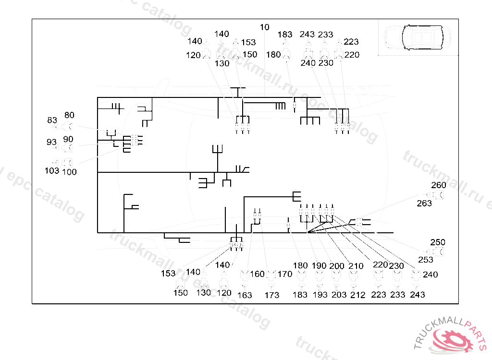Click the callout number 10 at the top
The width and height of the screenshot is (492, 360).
click(x=265, y=27)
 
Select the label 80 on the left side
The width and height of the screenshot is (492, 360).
click(x=69, y=115)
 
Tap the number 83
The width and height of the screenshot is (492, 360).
click(x=52, y=120)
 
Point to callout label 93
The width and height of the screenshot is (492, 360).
click(x=51, y=142)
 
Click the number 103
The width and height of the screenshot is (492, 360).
click(x=52, y=170)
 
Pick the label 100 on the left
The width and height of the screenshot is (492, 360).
click(x=69, y=172)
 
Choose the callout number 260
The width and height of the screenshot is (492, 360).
click(x=439, y=185)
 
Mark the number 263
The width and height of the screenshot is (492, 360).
click(x=424, y=204)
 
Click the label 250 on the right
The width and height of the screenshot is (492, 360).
click(x=438, y=242)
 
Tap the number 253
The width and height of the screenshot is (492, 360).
click(x=425, y=260)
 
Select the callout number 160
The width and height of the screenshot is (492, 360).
click(x=258, y=274)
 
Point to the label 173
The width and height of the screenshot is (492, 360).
click(x=272, y=295)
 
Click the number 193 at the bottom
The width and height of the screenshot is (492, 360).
click(x=320, y=295)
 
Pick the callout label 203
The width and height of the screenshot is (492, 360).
click(x=339, y=295)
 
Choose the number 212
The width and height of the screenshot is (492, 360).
click(x=357, y=295)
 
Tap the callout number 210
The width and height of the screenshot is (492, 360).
click(x=356, y=266)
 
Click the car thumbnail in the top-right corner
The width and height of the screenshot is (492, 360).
click(x=418, y=37)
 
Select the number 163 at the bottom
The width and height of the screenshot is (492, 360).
click(x=245, y=295)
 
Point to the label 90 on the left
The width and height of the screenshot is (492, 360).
click(x=68, y=139)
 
